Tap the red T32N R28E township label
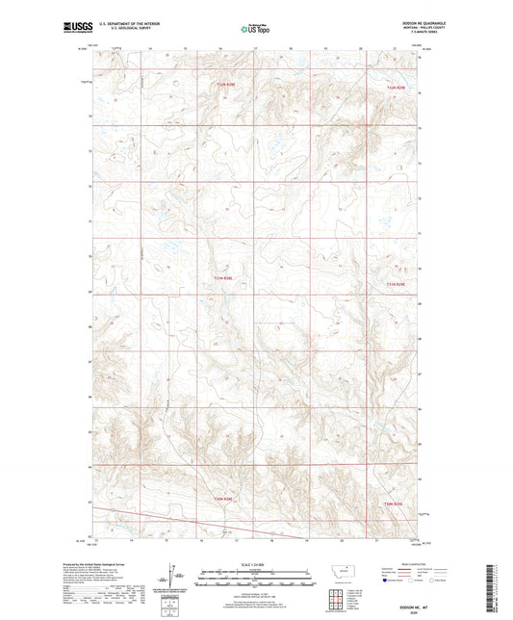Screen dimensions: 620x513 point(223,85)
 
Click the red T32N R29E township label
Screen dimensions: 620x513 point(397,89)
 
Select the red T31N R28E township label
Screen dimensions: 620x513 point(223,279)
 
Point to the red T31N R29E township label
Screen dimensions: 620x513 point(397,283)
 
